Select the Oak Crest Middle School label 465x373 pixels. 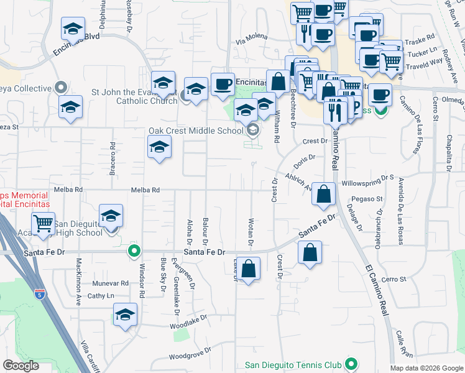pyautogui.click(x=195, y=131)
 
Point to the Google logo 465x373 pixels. pyautogui.click(x=21, y=366)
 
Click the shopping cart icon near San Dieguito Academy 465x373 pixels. pyautogui.click(x=43, y=224)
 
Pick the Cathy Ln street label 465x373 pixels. pyautogui.click(x=101, y=296)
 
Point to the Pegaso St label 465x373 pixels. pyautogui.click(x=366, y=199)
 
